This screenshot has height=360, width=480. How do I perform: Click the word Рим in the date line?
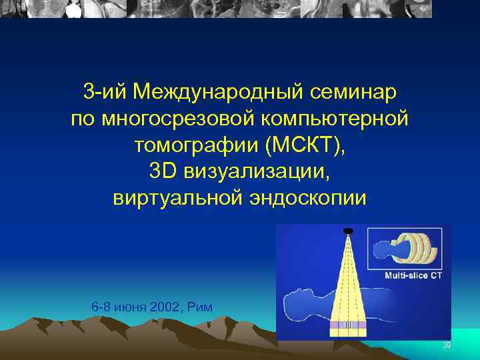click(x=200, y=307)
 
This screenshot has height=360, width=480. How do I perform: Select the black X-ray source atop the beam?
click(x=347, y=231)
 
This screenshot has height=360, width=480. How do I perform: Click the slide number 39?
click(x=447, y=345)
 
